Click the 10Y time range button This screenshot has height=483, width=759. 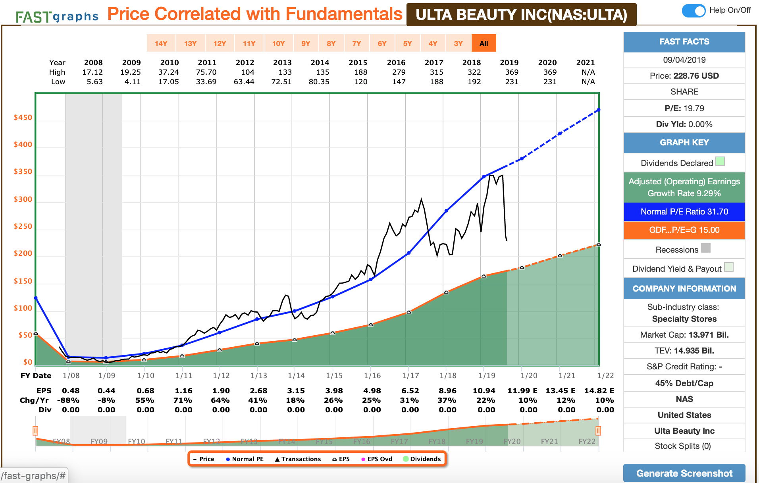click(278, 43)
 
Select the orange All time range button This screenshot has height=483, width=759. click(484, 43)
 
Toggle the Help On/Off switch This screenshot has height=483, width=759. click(693, 10)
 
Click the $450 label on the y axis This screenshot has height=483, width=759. click(23, 118)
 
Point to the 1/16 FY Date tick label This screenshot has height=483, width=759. click(372, 376)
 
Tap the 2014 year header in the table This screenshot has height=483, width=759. click(320, 62)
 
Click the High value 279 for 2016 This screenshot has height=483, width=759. click(399, 72)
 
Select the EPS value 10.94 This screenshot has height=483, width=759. click(484, 391)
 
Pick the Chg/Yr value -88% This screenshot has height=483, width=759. click(68, 400)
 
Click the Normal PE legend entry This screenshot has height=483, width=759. click(245, 459)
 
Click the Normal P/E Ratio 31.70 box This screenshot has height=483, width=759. click(684, 212)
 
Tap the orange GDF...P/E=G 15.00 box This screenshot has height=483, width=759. click(684, 230)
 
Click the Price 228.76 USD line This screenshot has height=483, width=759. click(684, 76)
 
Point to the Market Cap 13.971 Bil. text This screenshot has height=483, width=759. click(684, 335)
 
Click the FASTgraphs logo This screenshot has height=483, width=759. click(57, 16)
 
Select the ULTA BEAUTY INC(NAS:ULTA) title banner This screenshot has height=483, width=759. click(521, 15)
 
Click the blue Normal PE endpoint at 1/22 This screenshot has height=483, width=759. click(598, 110)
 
